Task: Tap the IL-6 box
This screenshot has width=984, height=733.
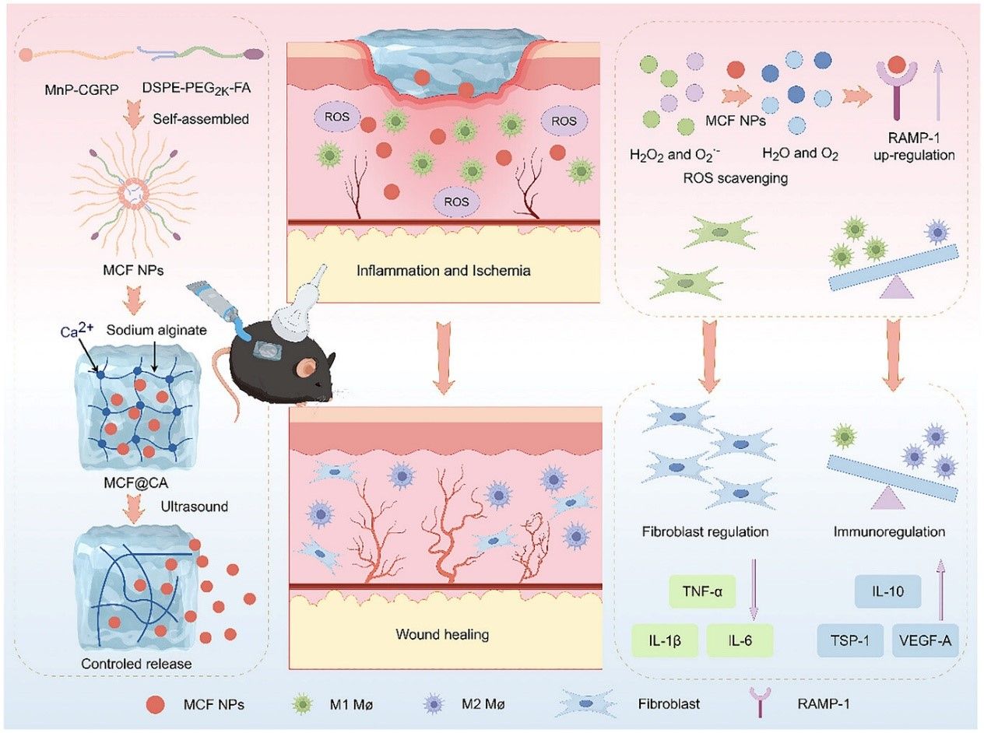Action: coord(740,641)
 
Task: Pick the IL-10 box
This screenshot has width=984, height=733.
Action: coord(889,591)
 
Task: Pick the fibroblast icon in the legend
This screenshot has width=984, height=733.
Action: coord(590,704)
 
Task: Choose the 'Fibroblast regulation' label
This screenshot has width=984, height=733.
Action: coord(707,533)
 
